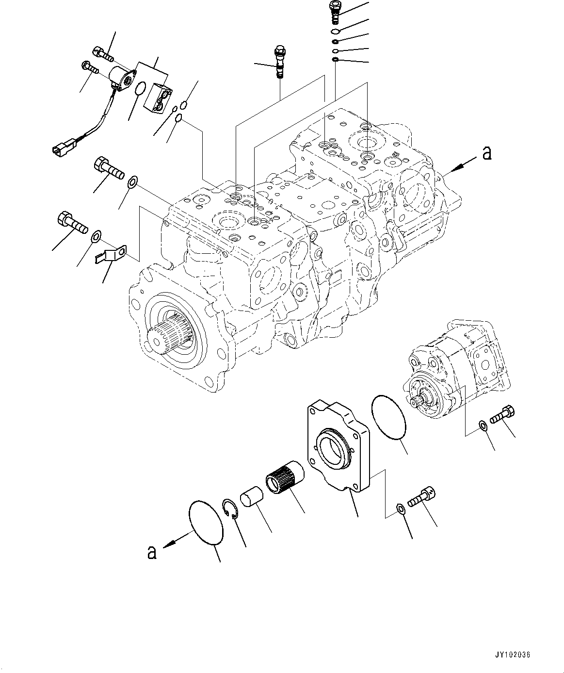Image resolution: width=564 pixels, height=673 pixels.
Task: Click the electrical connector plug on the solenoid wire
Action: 61,148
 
